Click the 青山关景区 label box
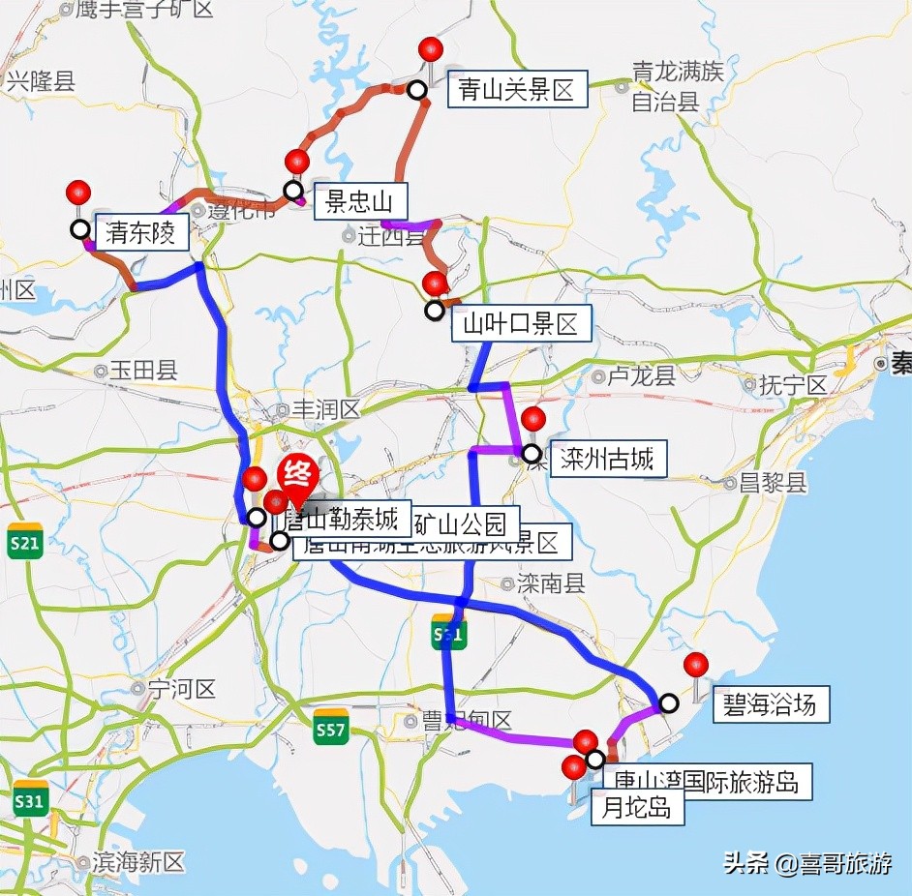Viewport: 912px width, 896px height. click(517, 90)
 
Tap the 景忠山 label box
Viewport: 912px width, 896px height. click(359, 202)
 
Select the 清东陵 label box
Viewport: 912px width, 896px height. click(141, 233)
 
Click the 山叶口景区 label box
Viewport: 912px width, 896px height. click(521, 323)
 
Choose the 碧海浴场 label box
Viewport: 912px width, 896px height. click(771, 703)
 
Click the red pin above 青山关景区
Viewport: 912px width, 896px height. click(431, 48)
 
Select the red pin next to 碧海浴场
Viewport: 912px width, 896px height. click(695, 665)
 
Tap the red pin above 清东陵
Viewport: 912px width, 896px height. click(78, 192)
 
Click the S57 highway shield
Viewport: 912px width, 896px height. click(331, 728)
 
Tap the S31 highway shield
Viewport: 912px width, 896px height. click(30, 799)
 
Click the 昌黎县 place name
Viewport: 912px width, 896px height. click(772, 482)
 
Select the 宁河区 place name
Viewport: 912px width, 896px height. click(181, 689)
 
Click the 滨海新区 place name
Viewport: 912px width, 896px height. click(138, 861)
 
